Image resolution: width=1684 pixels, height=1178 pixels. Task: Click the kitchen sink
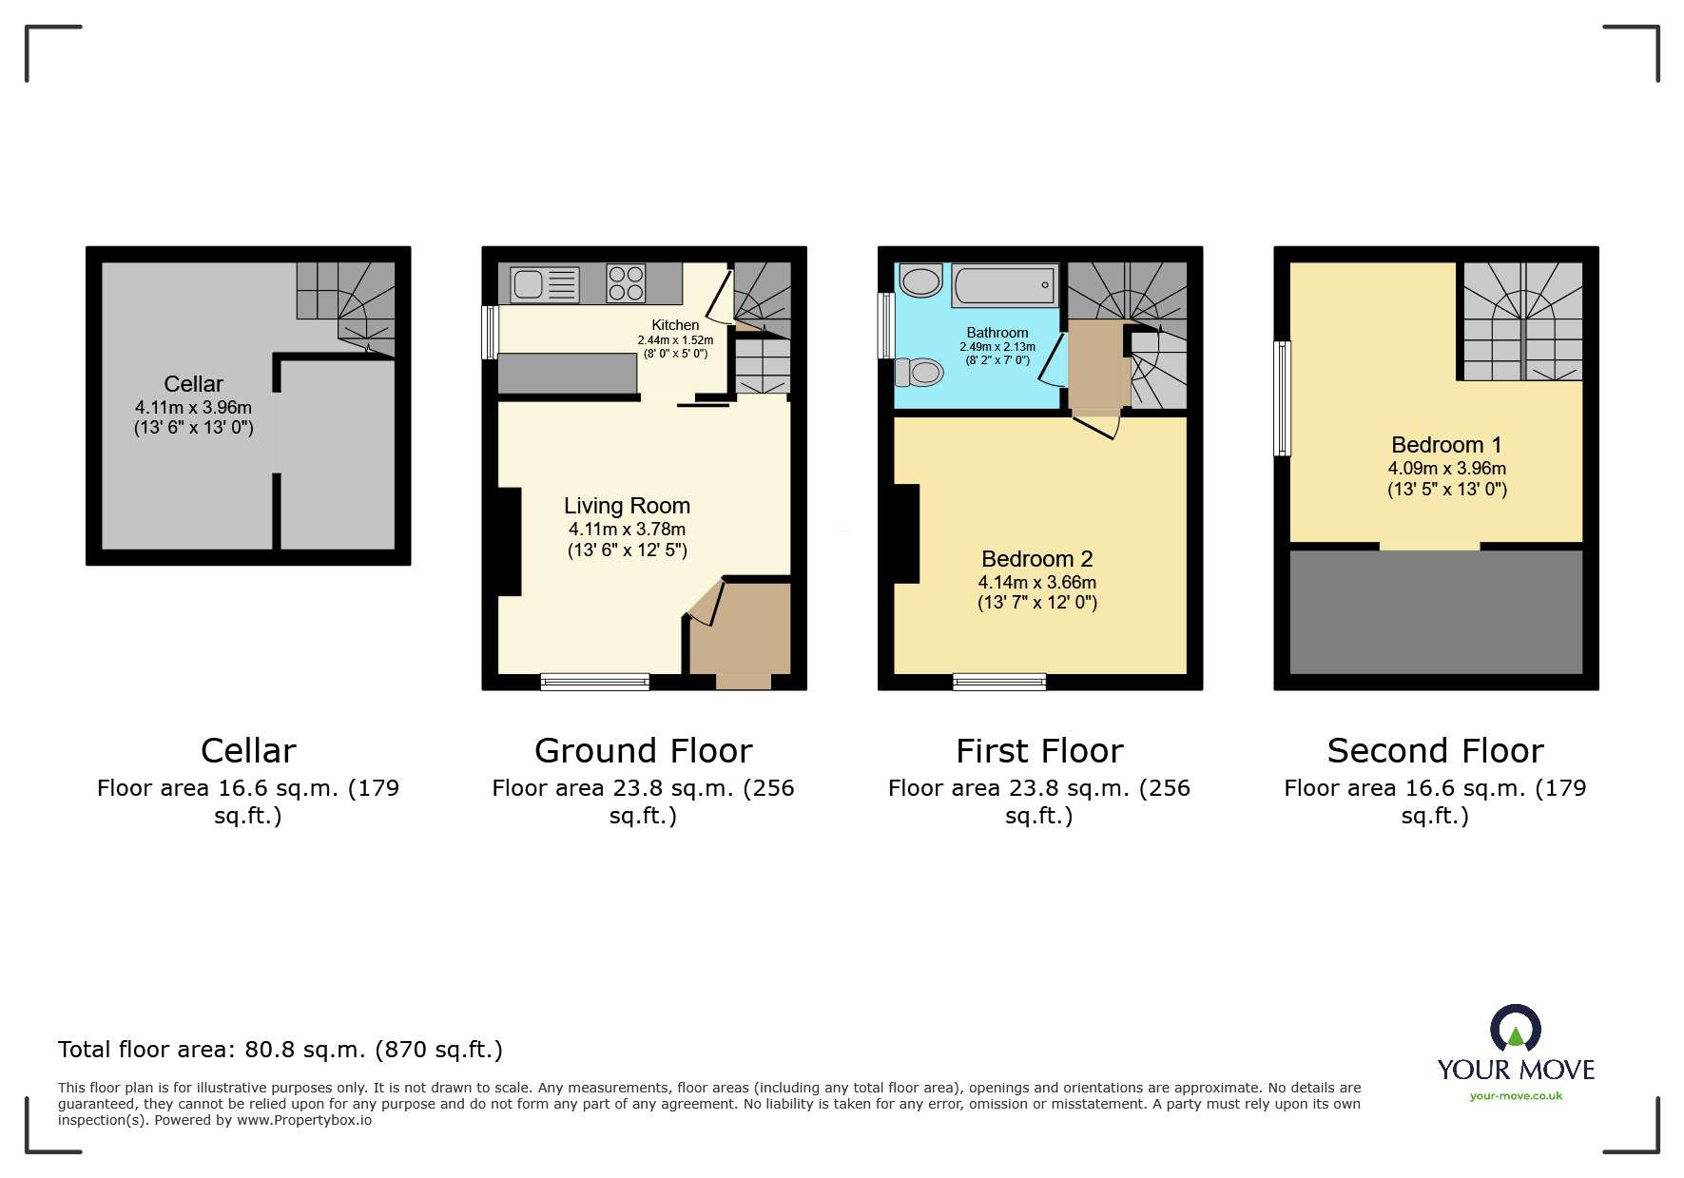[x=545, y=284]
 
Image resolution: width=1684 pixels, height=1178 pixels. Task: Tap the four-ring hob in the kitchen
[x=626, y=283]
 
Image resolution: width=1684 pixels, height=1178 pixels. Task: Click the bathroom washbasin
[x=919, y=280]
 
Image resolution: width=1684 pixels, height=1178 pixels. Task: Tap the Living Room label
[x=627, y=506]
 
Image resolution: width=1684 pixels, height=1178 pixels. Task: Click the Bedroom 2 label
[x=1037, y=559]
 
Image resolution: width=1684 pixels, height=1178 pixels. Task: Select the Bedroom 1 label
[x=1446, y=445]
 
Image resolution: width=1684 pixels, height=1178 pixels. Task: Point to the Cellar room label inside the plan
[x=193, y=384]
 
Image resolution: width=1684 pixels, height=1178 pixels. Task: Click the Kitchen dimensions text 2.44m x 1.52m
[x=675, y=340]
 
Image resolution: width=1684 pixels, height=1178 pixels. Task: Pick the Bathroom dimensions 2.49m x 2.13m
[x=997, y=347]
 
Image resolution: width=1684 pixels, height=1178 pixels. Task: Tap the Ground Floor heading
[x=644, y=751]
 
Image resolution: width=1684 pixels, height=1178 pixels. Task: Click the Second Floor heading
[x=1436, y=751]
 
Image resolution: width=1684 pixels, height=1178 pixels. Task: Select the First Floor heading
[x=1039, y=751]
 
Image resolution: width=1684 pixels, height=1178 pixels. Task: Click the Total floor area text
[x=281, y=1050]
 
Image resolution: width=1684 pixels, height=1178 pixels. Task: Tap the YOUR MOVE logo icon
[x=1516, y=1028]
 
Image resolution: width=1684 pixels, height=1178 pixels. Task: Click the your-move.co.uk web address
[x=1516, y=1096]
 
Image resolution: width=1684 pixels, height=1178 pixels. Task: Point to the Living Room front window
[x=595, y=681]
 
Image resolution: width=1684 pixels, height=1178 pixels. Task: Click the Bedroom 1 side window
[x=1282, y=398]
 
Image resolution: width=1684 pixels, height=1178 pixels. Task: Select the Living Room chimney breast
[x=510, y=542]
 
